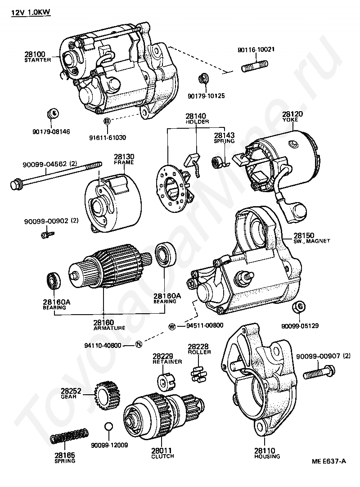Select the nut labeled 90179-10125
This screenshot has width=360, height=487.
pos(202,79)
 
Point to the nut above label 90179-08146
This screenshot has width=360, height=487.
pos(52,113)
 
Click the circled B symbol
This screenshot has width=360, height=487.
pos(107,122)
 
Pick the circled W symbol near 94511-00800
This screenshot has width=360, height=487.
pos(172,326)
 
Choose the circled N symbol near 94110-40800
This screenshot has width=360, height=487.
pos(138,345)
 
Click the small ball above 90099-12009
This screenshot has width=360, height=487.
pos(108,426)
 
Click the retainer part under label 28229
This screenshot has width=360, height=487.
pos(163,382)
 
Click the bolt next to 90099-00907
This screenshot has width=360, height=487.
pos(319,373)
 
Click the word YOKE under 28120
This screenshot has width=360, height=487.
pos(293,120)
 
